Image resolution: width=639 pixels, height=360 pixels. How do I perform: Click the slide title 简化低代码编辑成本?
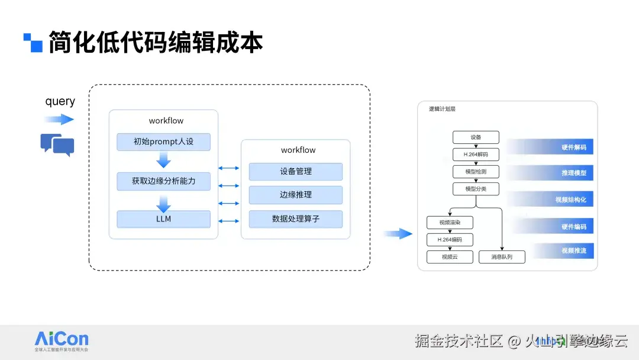point(155,43)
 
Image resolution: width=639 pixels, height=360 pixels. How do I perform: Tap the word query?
point(60,101)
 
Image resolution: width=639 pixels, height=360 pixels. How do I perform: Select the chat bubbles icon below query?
point(57,144)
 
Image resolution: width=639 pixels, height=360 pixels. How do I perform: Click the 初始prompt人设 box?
point(163,142)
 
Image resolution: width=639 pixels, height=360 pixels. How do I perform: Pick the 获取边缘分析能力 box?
point(163,181)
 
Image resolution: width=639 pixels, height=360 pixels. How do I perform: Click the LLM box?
point(163,219)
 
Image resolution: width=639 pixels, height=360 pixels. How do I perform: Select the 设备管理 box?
point(296,172)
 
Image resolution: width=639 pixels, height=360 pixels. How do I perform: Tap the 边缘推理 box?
point(296,195)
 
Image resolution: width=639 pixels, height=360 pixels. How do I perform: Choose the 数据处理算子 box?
point(296,219)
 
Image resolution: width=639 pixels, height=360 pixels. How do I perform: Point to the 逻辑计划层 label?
point(442,110)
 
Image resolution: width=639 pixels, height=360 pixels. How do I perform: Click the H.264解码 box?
point(476,155)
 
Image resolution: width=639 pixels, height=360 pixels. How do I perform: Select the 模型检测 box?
point(476,172)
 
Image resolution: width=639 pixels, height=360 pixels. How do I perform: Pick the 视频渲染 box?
point(450,223)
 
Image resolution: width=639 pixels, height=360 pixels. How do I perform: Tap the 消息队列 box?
point(502,257)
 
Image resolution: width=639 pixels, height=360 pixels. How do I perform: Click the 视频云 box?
point(450,257)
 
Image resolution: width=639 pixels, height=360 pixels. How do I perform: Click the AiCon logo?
point(62,340)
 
